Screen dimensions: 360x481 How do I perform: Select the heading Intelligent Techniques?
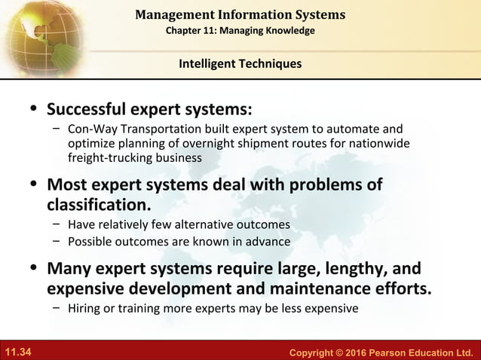pyautogui.click(x=240, y=64)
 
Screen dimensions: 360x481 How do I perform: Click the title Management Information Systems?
pyautogui.click(x=240, y=14)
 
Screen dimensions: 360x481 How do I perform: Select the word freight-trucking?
pyautogui.click(x=103, y=158)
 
